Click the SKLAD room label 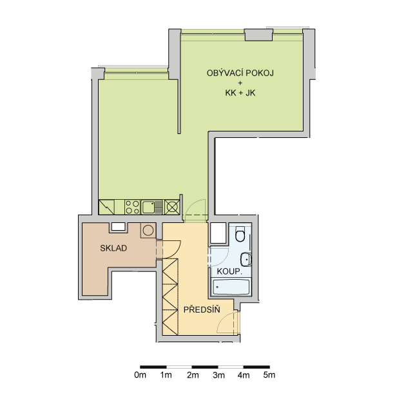pyautogui.click(x=113, y=248)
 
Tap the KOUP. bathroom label pyautogui.click(x=229, y=271)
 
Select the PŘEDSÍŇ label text pyautogui.click(x=202, y=309)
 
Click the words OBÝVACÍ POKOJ pyautogui.click(x=240, y=73)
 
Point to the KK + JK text pyautogui.click(x=240, y=93)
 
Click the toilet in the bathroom pyautogui.click(x=240, y=233)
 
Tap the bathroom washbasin pyautogui.click(x=246, y=259)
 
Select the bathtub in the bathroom pyautogui.click(x=231, y=287)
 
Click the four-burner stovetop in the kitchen pyautogui.click(x=132, y=207)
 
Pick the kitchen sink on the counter pyautogui.click(x=152, y=207)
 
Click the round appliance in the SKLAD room pyautogui.click(x=148, y=230)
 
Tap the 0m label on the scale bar pyautogui.click(x=140, y=375)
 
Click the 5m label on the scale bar pyautogui.click(x=269, y=375)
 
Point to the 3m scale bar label pyautogui.click(x=218, y=375)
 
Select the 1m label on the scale pyautogui.click(x=166, y=375)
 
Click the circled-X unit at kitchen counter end pyautogui.click(x=172, y=207)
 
